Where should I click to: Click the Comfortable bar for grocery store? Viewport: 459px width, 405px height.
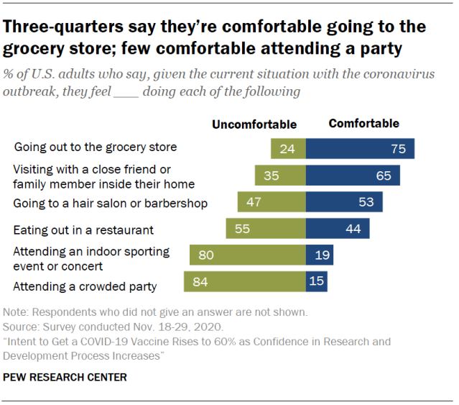coord(360,149)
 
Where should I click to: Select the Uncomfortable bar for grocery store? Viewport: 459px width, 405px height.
coord(288,149)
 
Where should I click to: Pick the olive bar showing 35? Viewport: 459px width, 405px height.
coord(280,176)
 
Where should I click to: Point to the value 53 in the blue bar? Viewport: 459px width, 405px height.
coord(366,202)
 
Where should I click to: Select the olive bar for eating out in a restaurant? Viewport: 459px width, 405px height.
coord(265,229)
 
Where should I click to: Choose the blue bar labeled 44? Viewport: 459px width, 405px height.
coord(338,229)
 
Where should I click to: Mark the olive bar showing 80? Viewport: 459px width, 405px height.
coord(247,255)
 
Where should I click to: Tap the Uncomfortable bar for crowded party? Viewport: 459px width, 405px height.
coord(244,281)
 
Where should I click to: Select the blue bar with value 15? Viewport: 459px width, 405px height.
coord(317,281)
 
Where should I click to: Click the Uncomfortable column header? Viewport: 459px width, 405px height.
coord(254,124)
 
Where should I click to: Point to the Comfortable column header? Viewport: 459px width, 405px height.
coord(363,124)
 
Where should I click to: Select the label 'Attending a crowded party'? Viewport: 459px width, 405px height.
coord(85,287)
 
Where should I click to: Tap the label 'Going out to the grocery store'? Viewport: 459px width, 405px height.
coord(95,147)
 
